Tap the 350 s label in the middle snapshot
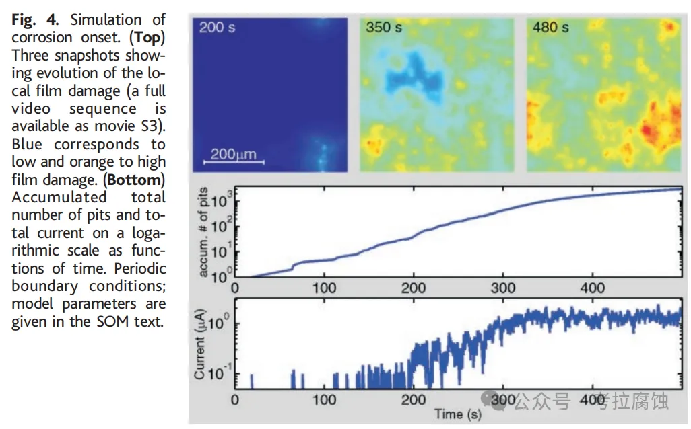(x=384, y=28)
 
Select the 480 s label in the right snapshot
(x=550, y=28)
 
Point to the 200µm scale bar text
(x=233, y=154)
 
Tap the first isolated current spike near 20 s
(x=252, y=381)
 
